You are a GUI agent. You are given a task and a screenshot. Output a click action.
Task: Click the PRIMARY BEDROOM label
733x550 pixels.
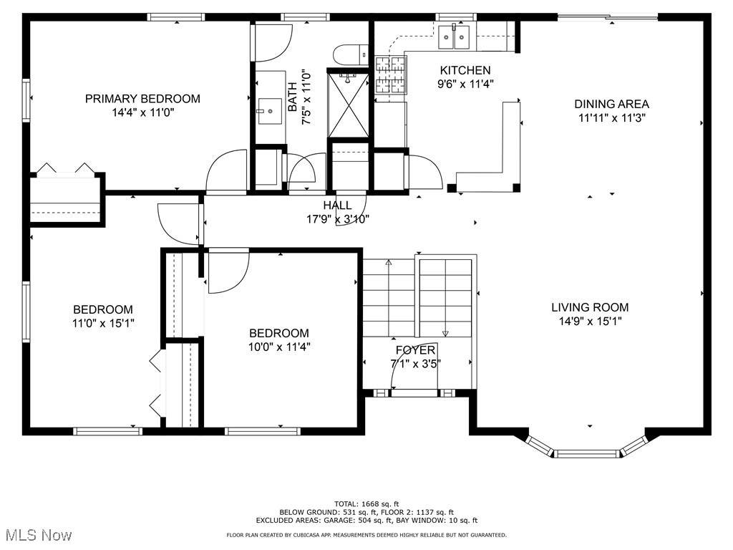pos(142,99)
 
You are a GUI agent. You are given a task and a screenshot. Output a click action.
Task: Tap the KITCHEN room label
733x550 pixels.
pos(465,71)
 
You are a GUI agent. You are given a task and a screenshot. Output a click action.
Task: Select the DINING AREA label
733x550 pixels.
pos(611,105)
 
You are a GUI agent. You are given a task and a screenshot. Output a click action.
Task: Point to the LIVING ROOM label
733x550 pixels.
pos(590,307)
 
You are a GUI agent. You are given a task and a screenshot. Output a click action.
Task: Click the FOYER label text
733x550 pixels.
pos(416,349)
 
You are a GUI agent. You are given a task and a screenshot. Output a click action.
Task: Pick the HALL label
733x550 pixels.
pos(338,205)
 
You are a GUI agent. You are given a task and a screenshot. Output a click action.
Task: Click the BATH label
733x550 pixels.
pos(293,97)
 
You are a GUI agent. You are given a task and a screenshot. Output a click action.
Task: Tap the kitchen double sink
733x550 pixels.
pos(454,37)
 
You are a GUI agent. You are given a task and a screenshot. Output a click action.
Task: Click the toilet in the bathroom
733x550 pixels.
pos(350,54)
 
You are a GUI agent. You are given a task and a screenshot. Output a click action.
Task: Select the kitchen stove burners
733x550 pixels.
pos(390,74)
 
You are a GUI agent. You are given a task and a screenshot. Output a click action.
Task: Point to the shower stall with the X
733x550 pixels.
pos(349,104)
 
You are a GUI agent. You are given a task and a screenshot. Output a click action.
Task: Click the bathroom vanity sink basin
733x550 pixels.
pos(270,111)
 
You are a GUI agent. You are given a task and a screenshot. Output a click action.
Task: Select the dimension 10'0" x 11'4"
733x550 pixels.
pos(279,347)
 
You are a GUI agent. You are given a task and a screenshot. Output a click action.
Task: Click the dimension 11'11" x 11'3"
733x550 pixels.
pos(612,118)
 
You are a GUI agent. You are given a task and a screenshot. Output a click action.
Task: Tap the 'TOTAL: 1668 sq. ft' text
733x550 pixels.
pos(366,503)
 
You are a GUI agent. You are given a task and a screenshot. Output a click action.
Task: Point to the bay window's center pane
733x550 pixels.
pos(587,453)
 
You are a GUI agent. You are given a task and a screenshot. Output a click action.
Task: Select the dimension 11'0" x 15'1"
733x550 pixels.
pos(103,323)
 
